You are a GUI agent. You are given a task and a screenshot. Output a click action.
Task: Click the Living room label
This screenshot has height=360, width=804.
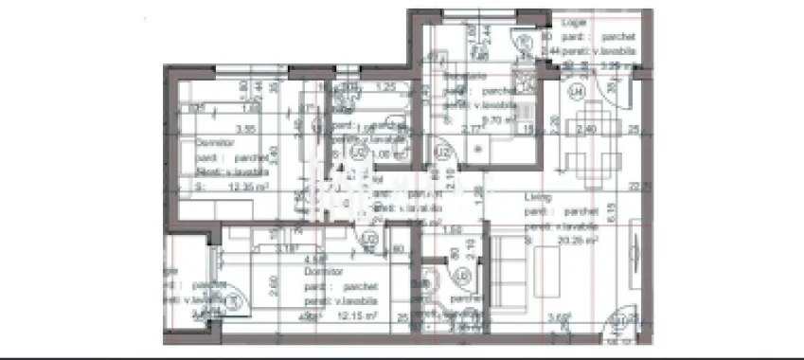click(x=538, y=198)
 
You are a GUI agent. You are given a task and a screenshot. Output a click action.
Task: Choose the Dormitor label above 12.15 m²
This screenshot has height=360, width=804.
click(x=323, y=271)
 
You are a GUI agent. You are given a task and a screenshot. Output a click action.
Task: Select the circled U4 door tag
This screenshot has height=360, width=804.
click(x=576, y=91)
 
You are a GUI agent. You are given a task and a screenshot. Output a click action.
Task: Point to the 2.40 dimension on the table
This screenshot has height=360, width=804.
click(x=586, y=129)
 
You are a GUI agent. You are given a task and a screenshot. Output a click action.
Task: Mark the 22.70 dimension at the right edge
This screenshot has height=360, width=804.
click(x=647, y=187)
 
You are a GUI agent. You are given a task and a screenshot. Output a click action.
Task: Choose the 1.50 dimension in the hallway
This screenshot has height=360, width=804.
click(x=453, y=230)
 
